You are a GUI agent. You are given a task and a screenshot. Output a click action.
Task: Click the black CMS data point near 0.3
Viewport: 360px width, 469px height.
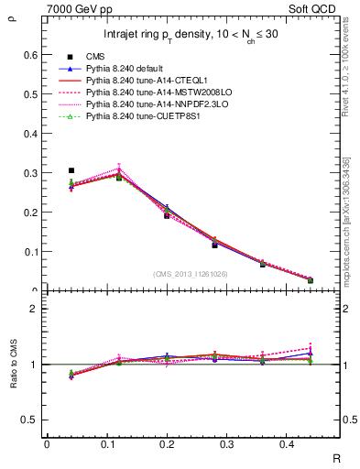click(71, 170)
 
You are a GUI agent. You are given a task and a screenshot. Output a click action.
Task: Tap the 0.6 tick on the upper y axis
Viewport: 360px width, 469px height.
click(32, 55)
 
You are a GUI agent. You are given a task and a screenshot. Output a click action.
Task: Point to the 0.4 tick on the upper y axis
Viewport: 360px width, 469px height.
click(32, 134)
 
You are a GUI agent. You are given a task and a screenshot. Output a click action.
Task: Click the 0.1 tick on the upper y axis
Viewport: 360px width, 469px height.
click(32, 252)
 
